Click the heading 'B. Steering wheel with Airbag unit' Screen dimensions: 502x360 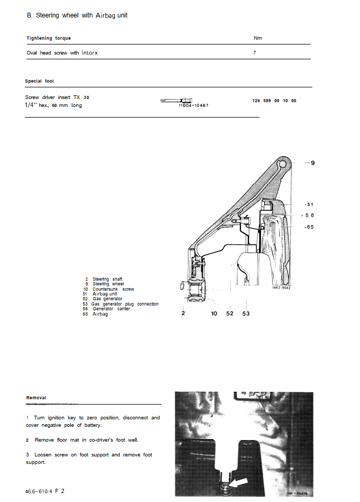pyautogui.click(x=77, y=15)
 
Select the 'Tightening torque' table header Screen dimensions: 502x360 pyautogui.click(x=49, y=38)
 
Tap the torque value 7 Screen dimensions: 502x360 pyautogui.click(x=255, y=53)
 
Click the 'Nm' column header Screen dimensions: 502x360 pyautogui.click(x=258, y=38)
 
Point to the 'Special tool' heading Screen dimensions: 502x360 pyautogui.click(x=39, y=81)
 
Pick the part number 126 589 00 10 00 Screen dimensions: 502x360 pyautogui.click(x=274, y=101)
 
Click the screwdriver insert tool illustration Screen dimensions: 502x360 pyautogui.click(x=176, y=100)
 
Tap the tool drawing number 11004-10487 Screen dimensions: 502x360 pyautogui.click(x=194, y=105)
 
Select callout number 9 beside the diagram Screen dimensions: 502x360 pyautogui.click(x=312, y=163)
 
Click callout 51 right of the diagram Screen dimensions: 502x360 pyautogui.click(x=309, y=204)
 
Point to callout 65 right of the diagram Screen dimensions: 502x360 pyautogui.click(x=309, y=227)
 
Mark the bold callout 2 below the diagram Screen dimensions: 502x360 pyautogui.click(x=183, y=313)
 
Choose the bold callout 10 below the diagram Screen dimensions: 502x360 pyautogui.click(x=214, y=313)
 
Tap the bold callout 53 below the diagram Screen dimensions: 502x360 pyautogui.click(x=246, y=313)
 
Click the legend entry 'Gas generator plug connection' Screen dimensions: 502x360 pyautogui.click(x=125, y=304)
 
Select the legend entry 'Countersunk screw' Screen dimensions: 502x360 pyautogui.click(x=113, y=289)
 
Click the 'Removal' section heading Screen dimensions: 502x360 pyautogui.click(x=36, y=398)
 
